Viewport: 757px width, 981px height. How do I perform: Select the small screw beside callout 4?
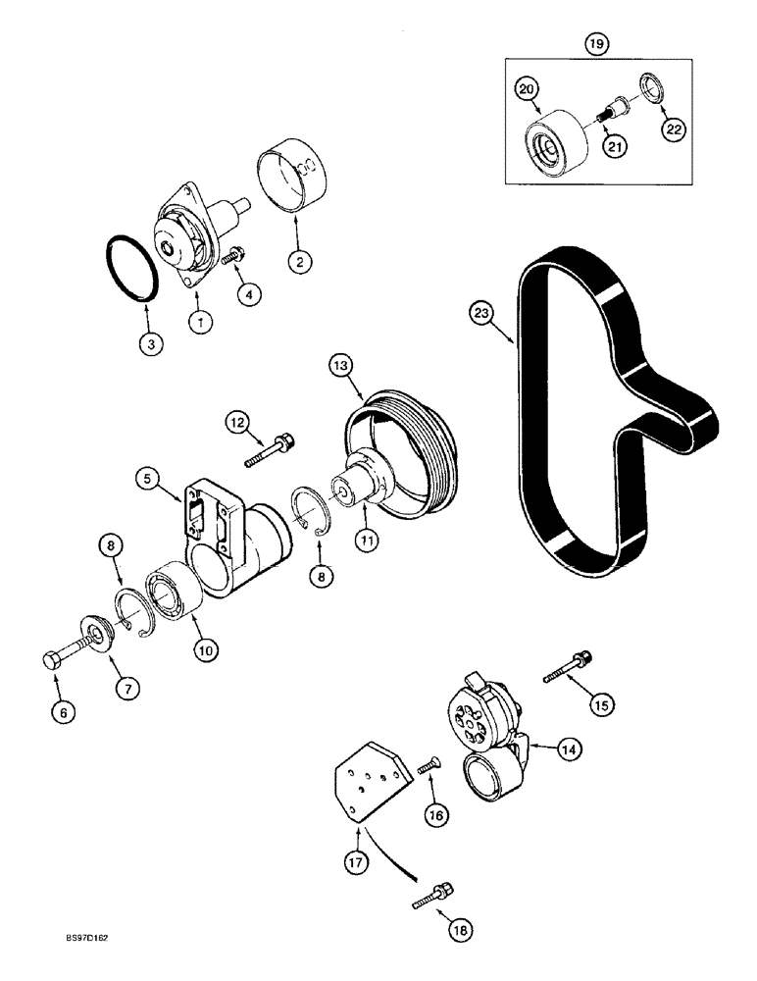click(x=232, y=256)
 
